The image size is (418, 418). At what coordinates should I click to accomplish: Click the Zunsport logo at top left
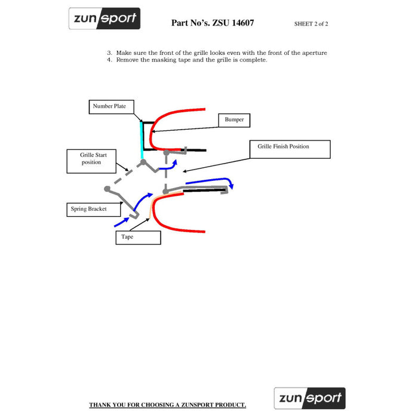(x=105, y=19)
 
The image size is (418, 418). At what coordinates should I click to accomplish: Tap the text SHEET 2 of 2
(x=311, y=24)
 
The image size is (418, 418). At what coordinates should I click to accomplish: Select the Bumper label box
(x=234, y=120)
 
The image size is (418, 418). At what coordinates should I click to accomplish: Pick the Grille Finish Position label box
(x=290, y=149)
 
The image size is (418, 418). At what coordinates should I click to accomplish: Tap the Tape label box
(x=138, y=237)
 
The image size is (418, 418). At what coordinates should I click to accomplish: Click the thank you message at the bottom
(x=167, y=405)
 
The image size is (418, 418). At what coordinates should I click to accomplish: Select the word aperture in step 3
(x=312, y=53)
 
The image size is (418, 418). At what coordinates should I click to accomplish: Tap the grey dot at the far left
(x=107, y=189)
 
